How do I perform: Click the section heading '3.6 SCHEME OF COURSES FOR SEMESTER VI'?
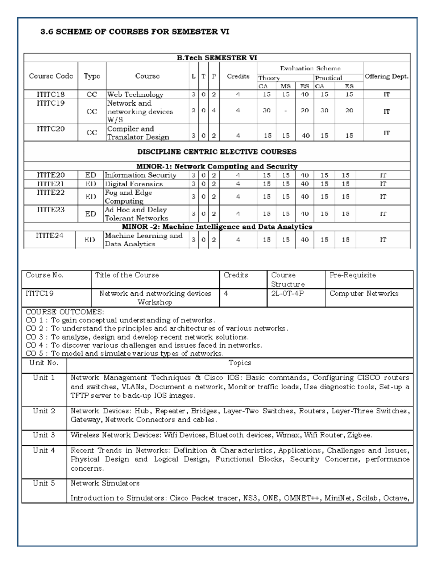134,32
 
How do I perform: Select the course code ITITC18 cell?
50,94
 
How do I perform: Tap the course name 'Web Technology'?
135,94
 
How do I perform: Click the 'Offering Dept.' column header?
386,76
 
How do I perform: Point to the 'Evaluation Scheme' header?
310,68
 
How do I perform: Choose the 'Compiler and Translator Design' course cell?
138,133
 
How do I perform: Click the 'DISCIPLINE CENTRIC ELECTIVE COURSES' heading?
217,152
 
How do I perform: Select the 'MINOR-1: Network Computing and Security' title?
217,166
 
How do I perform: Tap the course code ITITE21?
50,184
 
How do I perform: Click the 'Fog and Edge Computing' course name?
128,196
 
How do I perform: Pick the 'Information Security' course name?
140,175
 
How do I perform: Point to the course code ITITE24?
49,235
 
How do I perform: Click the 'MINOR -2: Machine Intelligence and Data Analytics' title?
217,227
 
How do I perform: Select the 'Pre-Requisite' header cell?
352,275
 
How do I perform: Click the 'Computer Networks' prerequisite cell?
364,293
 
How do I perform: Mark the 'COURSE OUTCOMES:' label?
65,312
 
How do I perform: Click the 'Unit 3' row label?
44,435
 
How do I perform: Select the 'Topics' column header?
240,363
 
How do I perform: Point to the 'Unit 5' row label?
44,483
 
